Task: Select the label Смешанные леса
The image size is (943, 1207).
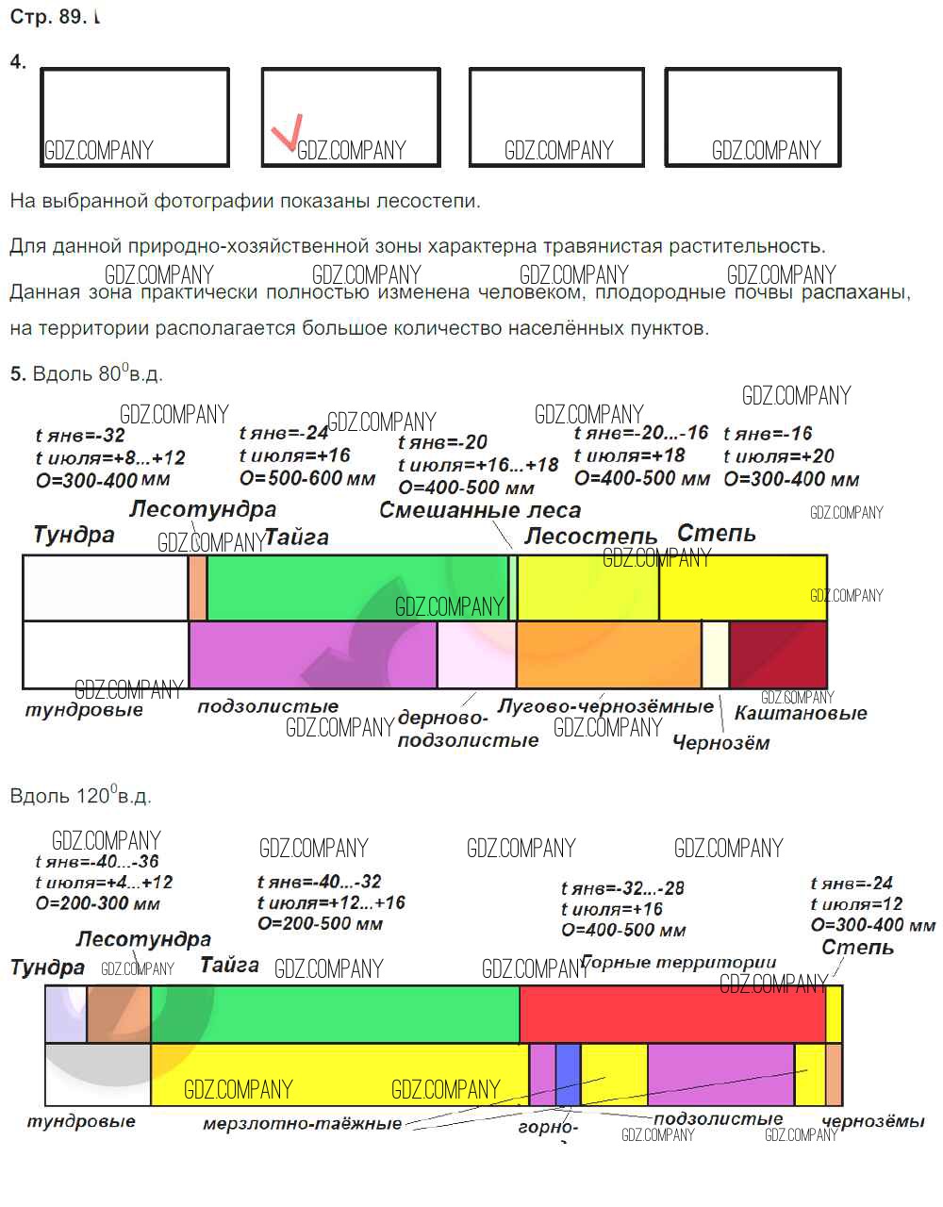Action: point(479,510)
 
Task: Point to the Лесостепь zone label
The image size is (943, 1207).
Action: point(590,537)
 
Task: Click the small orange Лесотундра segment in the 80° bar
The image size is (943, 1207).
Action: point(197,587)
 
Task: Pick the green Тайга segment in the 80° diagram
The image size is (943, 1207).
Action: point(356,587)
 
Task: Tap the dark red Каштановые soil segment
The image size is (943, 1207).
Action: point(778,654)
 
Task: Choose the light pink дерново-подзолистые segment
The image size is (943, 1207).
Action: point(476,654)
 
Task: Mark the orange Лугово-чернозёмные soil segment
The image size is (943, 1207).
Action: point(608,654)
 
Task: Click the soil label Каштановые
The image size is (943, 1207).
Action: point(801,713)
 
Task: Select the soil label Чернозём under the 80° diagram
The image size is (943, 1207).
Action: point(720,743)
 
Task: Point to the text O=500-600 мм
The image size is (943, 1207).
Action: point(307,479)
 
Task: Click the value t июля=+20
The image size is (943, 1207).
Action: point(779,456)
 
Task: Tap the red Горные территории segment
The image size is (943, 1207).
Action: point(671,1014)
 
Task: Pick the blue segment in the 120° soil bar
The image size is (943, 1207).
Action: point(567,1074)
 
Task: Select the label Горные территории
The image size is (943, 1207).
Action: point(679,963)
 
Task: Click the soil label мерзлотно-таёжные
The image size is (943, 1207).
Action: point(302,1124)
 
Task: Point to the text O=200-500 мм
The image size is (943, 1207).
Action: point(320,924)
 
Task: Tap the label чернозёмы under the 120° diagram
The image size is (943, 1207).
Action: point(873,1121)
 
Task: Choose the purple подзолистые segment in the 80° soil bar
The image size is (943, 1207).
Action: point(312,654)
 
